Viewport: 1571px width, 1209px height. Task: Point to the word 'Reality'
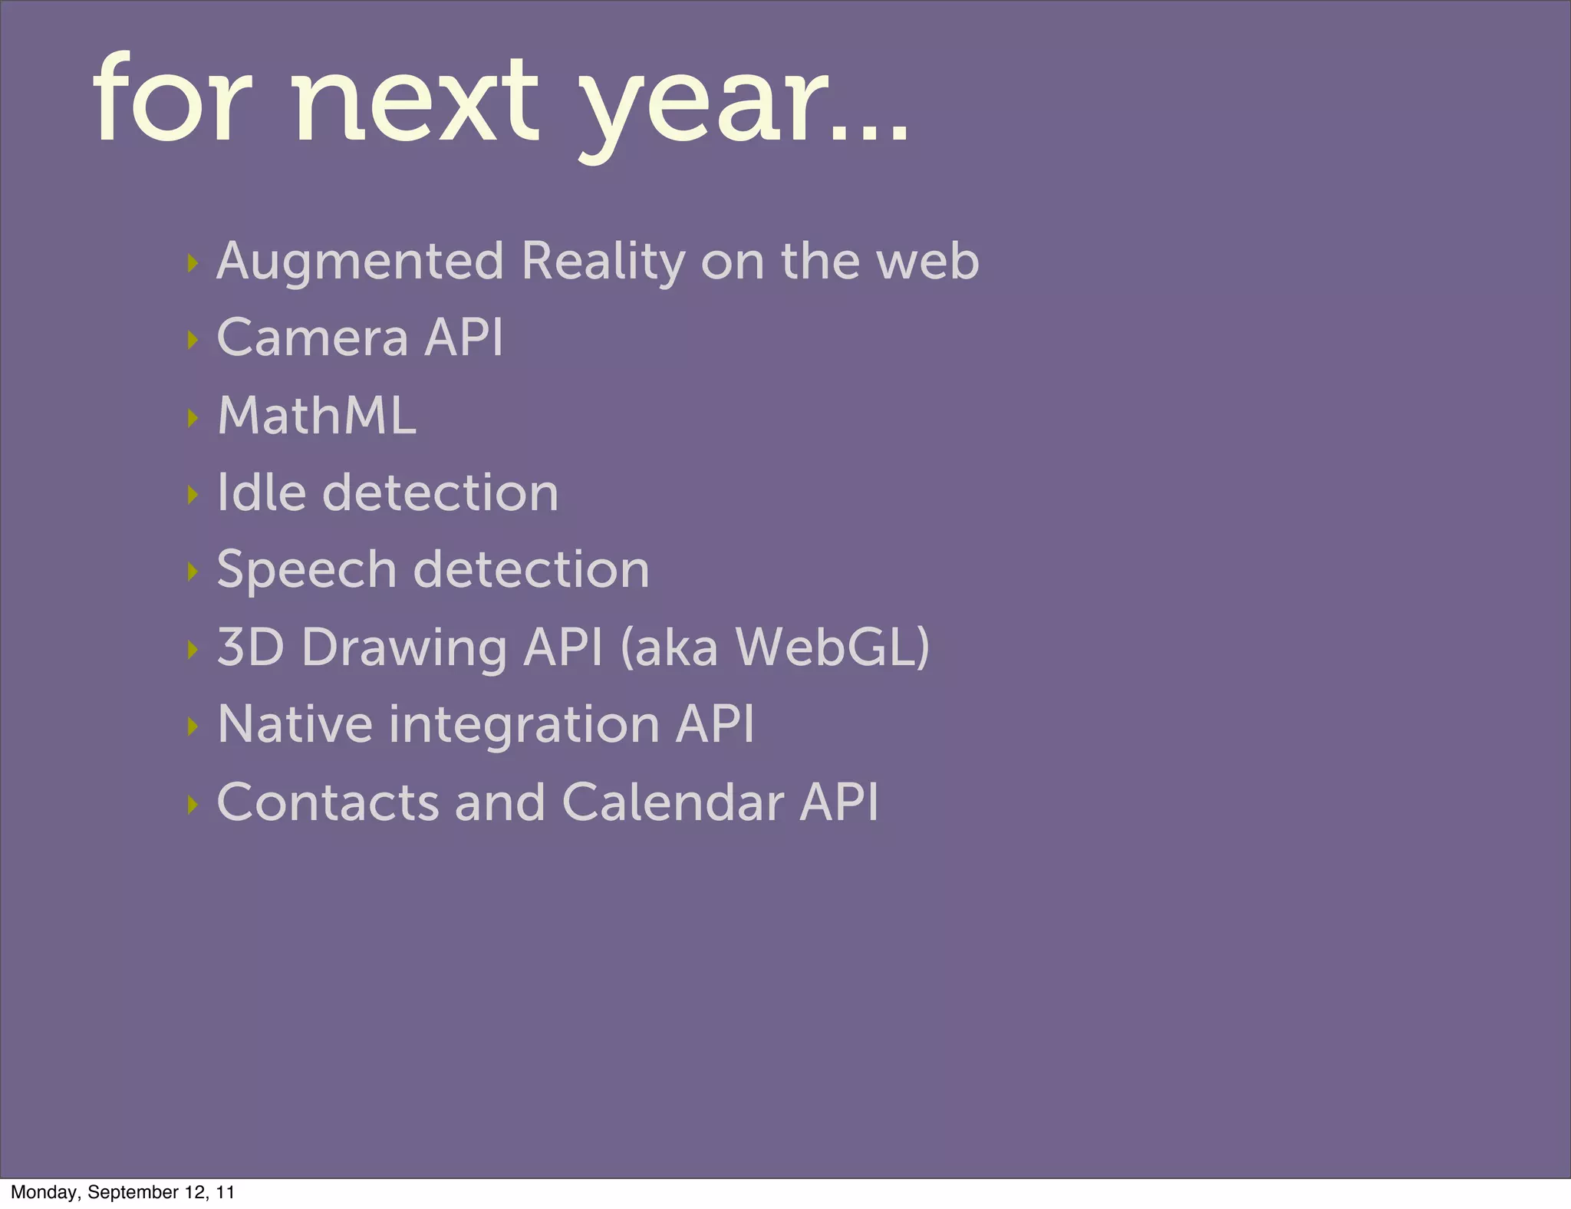[x=603, y=262]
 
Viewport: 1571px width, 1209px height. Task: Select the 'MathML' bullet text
[x=317, y=416]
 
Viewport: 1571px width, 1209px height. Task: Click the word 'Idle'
[x=261, y=492]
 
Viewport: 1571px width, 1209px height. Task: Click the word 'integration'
[x=524, y=726]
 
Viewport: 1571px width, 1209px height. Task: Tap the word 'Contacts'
[x=328, y=802]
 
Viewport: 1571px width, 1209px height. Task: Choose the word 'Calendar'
[x=673, y=802]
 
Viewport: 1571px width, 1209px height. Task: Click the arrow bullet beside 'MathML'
[x=193, y=418]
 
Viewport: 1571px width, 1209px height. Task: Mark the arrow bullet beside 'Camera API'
[x=193, y=340]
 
